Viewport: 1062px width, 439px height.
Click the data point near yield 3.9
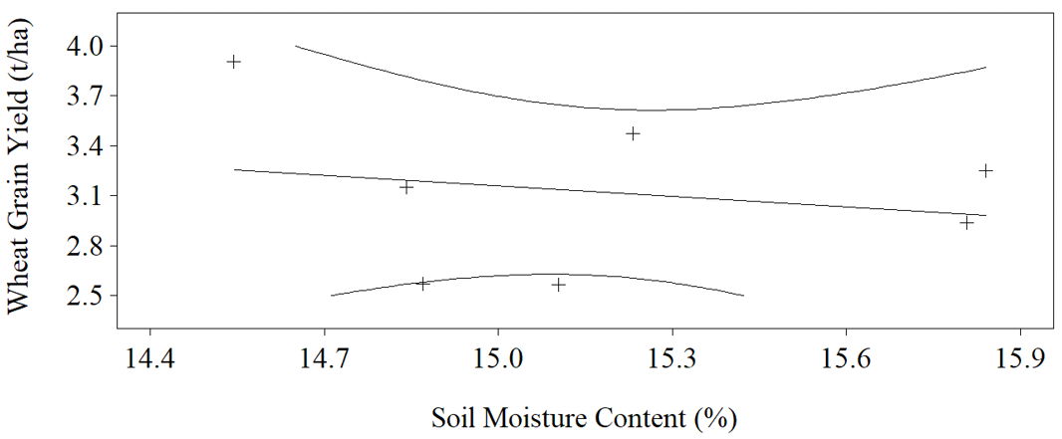[234, 62]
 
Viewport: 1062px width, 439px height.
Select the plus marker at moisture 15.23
[633, 133]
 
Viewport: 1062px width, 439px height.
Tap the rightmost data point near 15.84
[985, 170]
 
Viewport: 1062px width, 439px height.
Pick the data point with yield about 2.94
[967, 223]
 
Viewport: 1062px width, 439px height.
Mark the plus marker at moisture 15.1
[558, 285]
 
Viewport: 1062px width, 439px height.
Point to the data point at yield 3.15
[406, 187]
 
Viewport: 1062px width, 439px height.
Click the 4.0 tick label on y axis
[84, 46]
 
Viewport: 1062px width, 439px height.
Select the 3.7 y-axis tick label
[84, 96]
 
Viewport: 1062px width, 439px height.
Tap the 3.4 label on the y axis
[84, 146]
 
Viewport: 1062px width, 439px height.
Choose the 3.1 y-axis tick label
[84, 196]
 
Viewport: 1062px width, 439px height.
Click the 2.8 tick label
[84, 246]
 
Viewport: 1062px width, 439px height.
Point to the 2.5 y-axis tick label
[84, 297]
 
